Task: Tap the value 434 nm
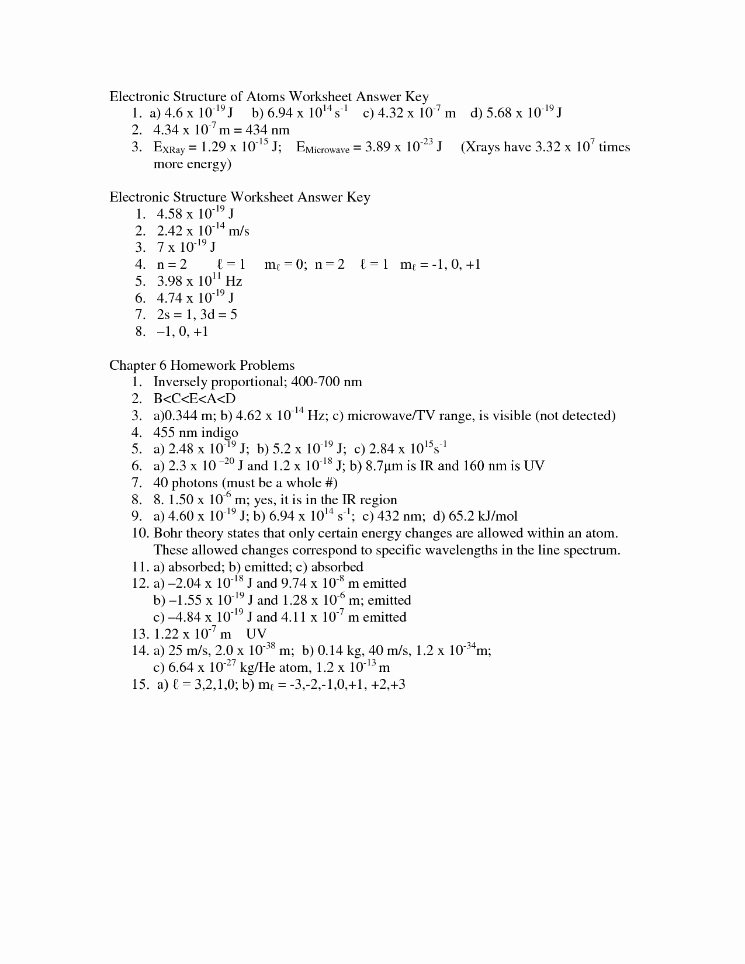point(268,130)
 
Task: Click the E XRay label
point(168,147)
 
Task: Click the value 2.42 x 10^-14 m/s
point(203,231)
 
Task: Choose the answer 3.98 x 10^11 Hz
point(199,281)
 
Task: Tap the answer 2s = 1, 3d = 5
point(197,315)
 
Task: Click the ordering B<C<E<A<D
point(195,399)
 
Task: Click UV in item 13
point(256,634)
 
